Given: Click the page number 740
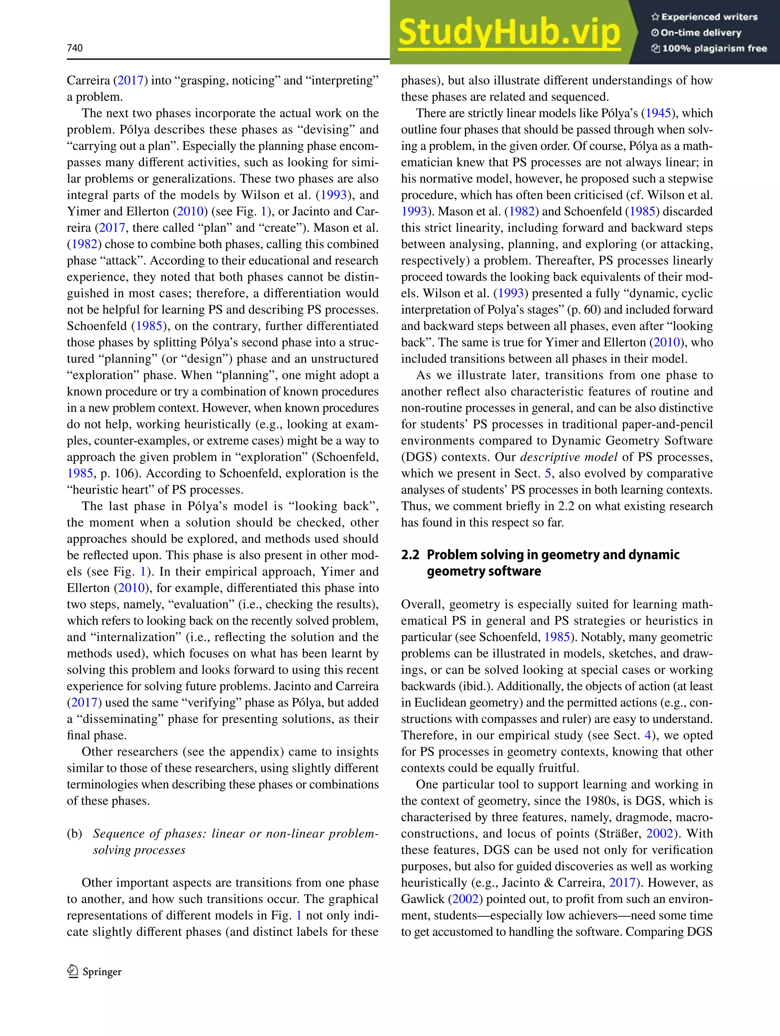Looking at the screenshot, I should pos(75,48).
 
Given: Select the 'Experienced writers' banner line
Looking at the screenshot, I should pos(704,17).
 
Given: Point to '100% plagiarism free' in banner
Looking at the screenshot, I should pos(709,48).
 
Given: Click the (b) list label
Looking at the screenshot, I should pos(75,834).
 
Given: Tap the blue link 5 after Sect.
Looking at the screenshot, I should pos(548,474).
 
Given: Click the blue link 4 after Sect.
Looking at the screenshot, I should pos(648,735).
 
